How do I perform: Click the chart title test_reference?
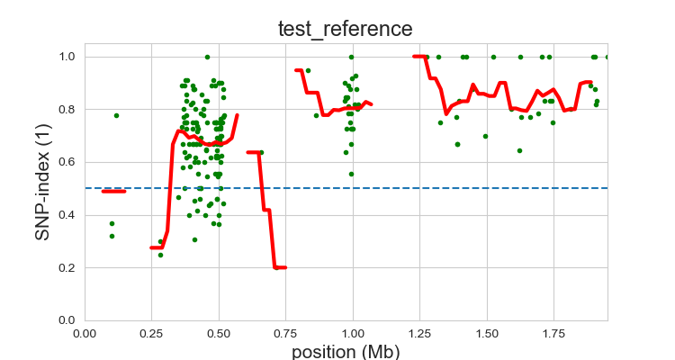click(x=345, y=29)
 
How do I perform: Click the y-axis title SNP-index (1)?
click(x=42, y=182)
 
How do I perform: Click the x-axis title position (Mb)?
click(x=345, y=351)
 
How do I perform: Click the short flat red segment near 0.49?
click(x=113, y=191)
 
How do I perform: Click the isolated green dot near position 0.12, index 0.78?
click(x=116, y=115)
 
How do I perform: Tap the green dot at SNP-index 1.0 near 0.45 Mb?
click(x=207, y=57)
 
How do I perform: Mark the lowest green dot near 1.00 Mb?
click(x=351, y=174)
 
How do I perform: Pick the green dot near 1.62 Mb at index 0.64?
click(x=519, y=150)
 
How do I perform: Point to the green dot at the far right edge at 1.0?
click(x=607, y=57)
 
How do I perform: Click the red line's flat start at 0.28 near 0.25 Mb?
click(x=157, y=247)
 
